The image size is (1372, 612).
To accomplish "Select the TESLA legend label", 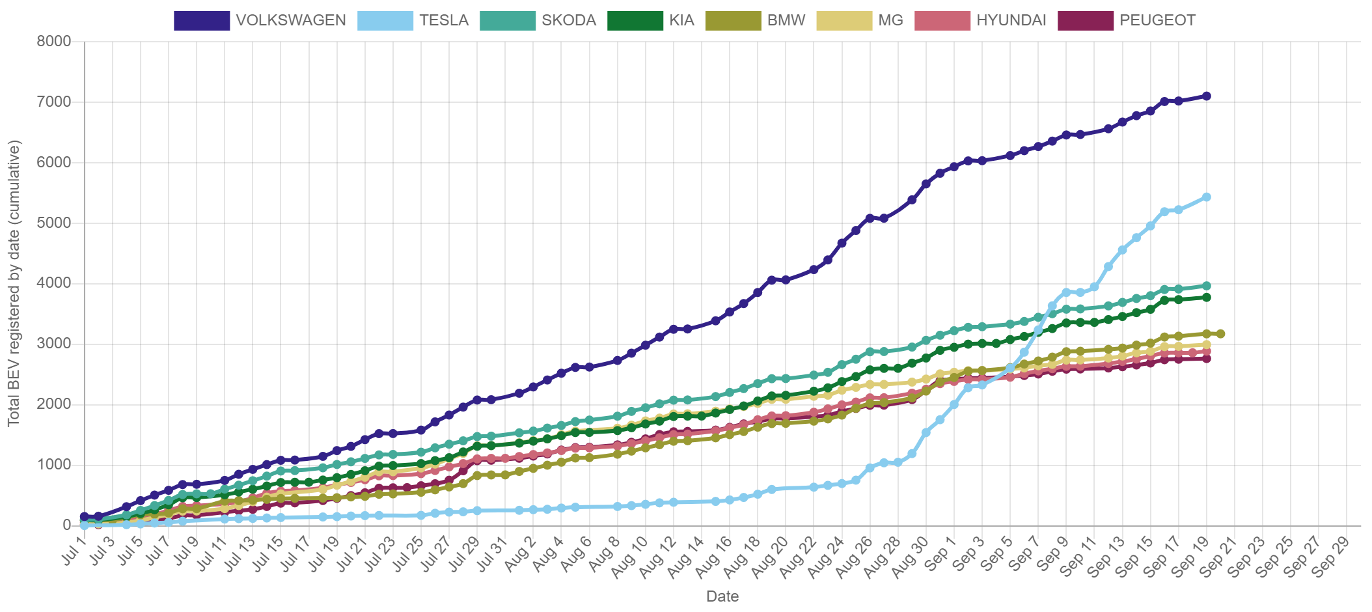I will click(444, 20).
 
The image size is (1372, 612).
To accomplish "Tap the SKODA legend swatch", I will click(508, 21).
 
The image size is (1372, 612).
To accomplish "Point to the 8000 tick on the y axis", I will click(54, 41).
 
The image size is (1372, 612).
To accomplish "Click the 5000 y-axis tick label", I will click(54, 223).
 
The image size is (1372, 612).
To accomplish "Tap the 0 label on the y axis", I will click(66, 525).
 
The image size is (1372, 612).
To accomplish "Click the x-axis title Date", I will click(722, 596).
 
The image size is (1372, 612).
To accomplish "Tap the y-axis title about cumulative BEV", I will click(14, 283).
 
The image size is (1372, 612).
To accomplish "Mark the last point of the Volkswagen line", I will click(1206, 96).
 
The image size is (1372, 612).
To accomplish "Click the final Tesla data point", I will click(1206, 197).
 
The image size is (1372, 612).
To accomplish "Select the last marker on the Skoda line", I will click(1206, 286).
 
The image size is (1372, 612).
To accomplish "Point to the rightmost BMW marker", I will click(1220, 333).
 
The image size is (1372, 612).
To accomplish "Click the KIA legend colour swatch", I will click(635, 21).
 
